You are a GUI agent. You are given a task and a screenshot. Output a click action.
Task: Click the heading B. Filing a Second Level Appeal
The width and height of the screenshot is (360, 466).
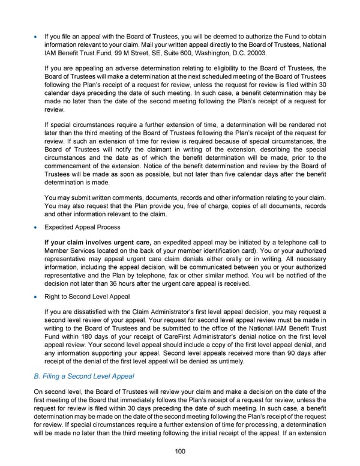click(84, 376)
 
